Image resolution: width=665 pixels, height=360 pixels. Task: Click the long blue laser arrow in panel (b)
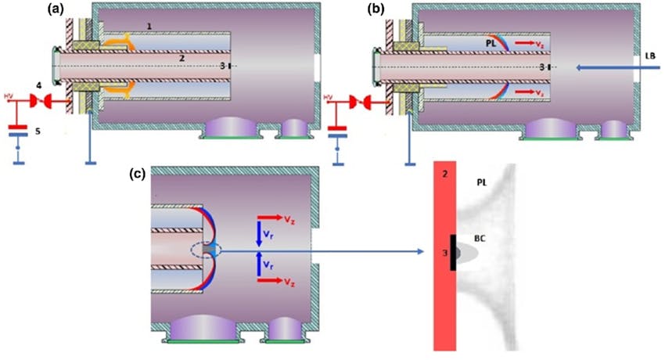click(602, 68)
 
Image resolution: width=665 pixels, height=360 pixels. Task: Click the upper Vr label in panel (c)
click(268, 235)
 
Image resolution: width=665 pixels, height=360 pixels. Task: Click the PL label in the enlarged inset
click(483, 182)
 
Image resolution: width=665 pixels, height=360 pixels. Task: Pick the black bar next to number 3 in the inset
click(453, 254)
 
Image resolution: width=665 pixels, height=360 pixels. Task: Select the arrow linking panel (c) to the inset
click(336, 252)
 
